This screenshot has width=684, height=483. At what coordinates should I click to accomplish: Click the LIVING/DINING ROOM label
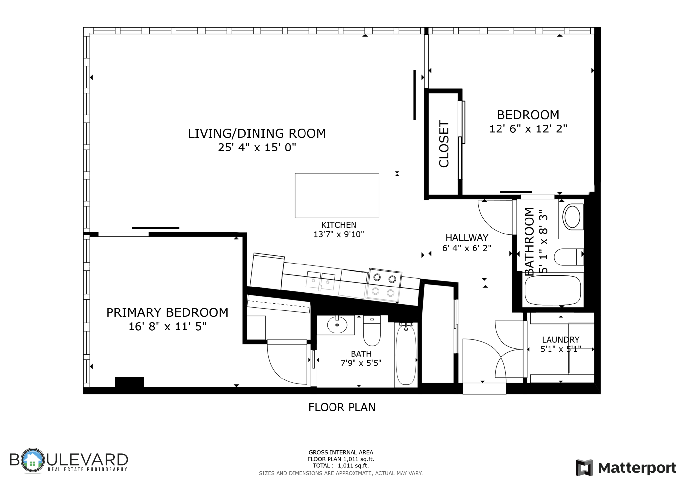(x=256, y=133)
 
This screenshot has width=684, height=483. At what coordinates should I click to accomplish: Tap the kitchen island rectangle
(x=337, y=195)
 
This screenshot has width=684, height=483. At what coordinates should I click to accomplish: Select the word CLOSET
(x=444, y=144)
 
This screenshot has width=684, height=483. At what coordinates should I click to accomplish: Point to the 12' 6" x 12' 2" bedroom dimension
(x=528, y=129)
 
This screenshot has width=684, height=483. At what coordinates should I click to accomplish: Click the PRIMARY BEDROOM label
(x=167, y=312)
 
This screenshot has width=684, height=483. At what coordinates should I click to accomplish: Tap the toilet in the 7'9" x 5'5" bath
(x=372, y=331)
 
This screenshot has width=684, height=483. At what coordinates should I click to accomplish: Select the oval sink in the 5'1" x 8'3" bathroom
(x=573, y=217)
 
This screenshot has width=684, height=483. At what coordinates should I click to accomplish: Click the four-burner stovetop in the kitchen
(x=384, y=285)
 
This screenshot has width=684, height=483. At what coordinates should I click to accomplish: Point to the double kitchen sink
(x=321, y=281)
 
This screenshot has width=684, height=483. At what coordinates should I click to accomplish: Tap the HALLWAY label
(x=467, y=238)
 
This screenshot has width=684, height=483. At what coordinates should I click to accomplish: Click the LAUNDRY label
(x=561, y=340)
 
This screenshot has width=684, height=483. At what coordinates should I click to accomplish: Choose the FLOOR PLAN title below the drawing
(x=342, y=407)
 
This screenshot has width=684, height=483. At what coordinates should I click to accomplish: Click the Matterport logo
(x=626, y=468)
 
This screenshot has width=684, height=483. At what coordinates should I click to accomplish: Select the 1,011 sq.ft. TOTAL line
(x=341, y=466)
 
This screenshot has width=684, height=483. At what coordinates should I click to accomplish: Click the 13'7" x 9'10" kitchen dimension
(x=339, y=234)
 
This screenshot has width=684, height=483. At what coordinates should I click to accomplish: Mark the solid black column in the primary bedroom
(x=129, y=382)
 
